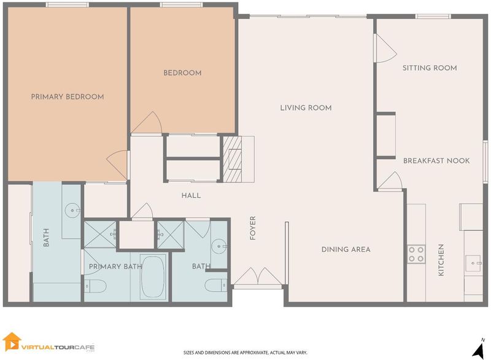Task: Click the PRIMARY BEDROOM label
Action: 68,97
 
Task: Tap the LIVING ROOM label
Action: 306,108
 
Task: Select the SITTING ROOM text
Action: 430,68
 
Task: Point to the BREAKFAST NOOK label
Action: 436,161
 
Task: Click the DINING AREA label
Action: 346,249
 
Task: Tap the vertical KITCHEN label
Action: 441,260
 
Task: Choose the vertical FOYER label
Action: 253,228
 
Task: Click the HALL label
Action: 191,195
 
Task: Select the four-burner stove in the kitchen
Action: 416,254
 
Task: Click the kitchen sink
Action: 473,263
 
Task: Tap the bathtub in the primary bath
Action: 153,276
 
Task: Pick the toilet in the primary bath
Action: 96,286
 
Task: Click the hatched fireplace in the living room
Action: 233,159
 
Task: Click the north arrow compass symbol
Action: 479,348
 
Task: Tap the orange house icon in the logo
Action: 12,342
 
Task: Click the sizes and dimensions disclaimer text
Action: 245,353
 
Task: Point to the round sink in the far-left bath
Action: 72,210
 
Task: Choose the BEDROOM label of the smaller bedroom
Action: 182,73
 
